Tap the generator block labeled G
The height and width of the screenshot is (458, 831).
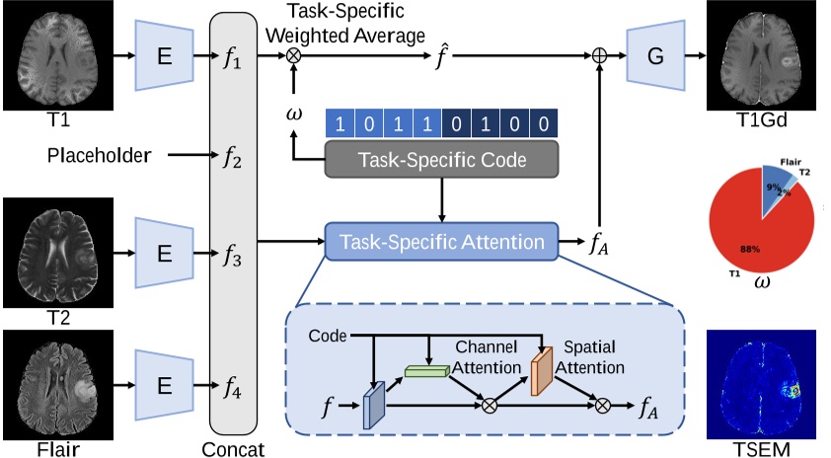[654, 54]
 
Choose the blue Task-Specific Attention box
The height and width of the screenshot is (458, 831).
[440, 241]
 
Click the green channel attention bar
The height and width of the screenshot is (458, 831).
[425, 370]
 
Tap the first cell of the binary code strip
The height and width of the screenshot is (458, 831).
[340, 124]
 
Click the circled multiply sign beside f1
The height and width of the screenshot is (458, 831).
[293, 56]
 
